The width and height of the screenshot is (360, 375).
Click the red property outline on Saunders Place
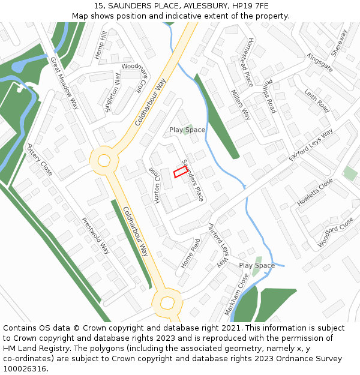click(x=181, y=172)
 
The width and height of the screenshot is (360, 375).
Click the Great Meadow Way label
click(x=65, y=83)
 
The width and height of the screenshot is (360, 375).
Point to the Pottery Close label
click(x=40, y=160)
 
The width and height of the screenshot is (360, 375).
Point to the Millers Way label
click(x=241, y=104)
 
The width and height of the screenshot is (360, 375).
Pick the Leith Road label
click(x=317, y=101)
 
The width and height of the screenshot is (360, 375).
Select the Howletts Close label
click(x=315, y=192)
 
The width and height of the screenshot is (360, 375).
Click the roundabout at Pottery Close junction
click(x=104, y=160)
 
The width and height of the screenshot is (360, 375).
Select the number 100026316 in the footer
click(x=25, y=368)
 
